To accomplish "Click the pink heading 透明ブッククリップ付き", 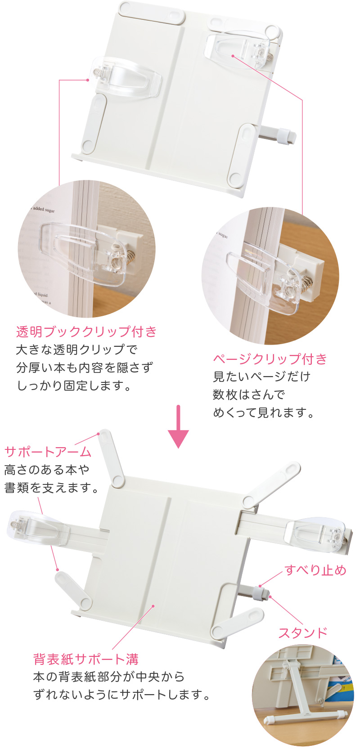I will coord(86,332).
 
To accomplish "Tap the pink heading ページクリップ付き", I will coord(270,359).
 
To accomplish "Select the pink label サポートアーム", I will coord(48,452).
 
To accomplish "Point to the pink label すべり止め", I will coord(315,570).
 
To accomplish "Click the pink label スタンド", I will coord(302,633).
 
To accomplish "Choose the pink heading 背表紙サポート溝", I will coord(86,659).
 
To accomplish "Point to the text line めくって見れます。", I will coord(264,413).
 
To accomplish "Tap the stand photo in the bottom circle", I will coord(302,695).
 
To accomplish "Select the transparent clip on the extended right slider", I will coord(317,533).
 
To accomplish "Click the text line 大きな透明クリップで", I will coord(76,350).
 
